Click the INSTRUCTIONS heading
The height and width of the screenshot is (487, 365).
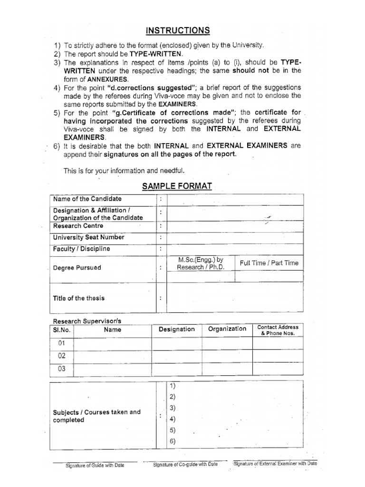(178, 31)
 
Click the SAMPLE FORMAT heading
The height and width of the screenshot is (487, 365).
(177, 186)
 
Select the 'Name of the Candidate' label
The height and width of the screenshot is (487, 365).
(87, 199)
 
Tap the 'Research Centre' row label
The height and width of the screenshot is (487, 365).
(78, 226)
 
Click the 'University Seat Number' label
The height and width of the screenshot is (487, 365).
(88, 237)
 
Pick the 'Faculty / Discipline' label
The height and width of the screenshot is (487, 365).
(81, 249)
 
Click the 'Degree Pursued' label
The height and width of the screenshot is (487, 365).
(77, 268)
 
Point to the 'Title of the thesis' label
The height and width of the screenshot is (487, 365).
(79, 298)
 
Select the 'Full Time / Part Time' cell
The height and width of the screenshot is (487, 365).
(269, 263)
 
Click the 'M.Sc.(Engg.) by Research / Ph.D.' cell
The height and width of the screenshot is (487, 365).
(200, 263)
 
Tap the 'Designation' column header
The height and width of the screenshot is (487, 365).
(176, 329)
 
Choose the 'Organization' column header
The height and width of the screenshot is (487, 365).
(227, 329)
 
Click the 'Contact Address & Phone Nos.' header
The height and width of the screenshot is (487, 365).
(278, 330)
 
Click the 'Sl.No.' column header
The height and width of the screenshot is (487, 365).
(61, 329)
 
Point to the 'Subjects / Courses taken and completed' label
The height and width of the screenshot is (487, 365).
(96, 416)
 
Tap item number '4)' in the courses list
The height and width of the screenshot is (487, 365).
(172, 419)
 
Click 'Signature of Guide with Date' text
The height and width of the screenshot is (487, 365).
(95, 465)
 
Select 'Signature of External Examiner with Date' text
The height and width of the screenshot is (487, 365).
(275, 463)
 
